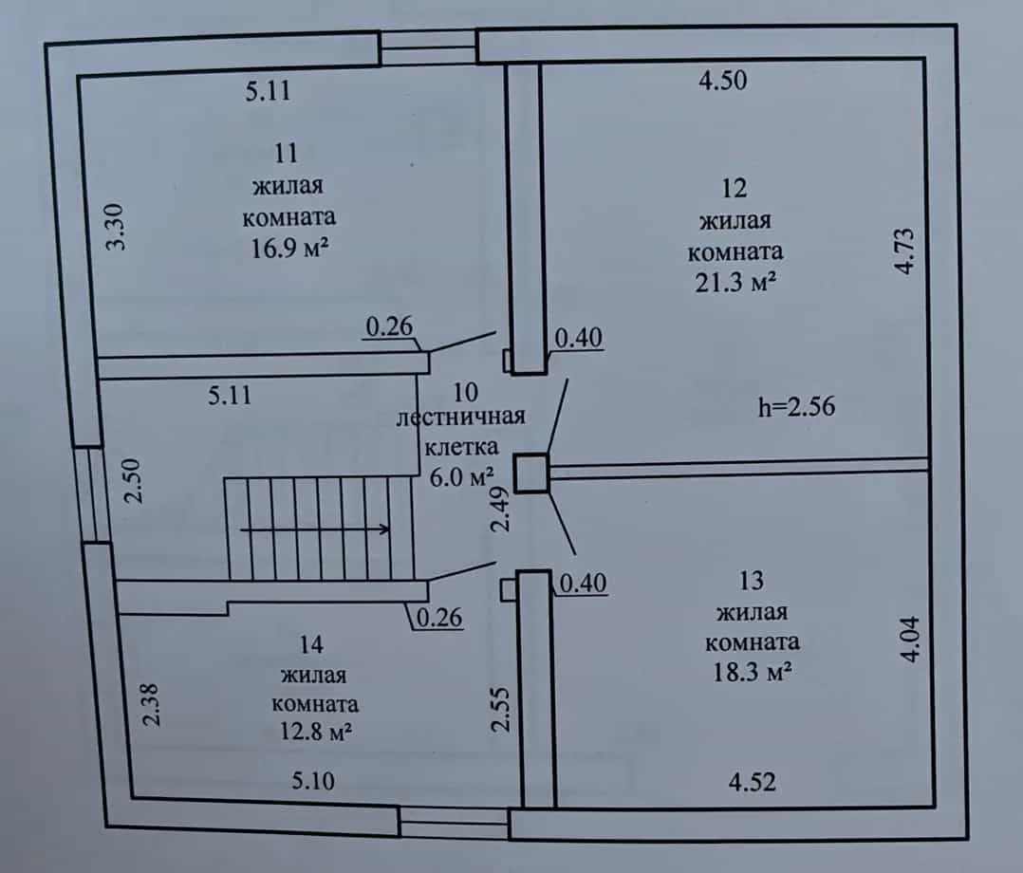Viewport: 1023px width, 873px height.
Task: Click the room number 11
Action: pos(287,154)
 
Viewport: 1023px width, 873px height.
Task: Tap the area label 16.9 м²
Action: pos(289,248)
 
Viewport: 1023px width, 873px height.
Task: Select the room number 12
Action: pos(734,189)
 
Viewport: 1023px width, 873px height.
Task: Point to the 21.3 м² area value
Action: pos(735,283)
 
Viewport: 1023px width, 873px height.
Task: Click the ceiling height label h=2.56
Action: pos(796,406)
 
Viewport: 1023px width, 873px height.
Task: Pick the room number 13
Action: pos(752,581)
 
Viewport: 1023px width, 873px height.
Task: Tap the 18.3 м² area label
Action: pos(753,672)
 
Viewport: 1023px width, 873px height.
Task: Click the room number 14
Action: pos(311,645)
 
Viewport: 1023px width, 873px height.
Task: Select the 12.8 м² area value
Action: pos(316,732)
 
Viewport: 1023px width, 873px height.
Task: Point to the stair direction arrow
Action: pos(315,529)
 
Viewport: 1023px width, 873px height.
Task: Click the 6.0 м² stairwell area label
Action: pos(460,477)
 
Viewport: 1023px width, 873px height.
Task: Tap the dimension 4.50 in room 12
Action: pos(723,81)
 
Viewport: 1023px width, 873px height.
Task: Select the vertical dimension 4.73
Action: pos(905,251)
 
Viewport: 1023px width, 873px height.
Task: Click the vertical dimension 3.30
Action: pos(116,227)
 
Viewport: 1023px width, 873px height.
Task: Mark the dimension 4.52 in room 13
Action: pos(753,782)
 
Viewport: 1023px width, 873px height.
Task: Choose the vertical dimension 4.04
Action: pos(910,640)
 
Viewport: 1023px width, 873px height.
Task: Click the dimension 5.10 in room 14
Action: pos(313,780)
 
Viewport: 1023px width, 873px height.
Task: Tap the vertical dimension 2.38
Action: pos(151,705)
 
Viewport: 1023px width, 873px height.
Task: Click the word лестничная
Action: pos(460,417)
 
